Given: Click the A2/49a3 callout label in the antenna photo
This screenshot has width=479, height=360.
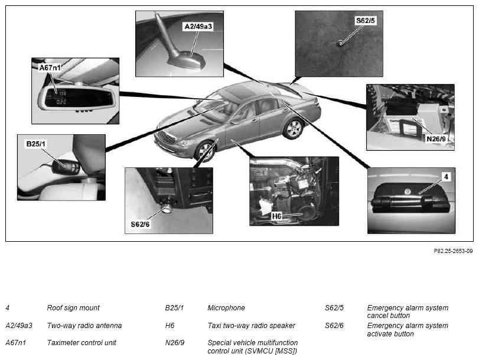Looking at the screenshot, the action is coord(198,27).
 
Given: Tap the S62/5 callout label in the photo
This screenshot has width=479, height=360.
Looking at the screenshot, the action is coord(366,21).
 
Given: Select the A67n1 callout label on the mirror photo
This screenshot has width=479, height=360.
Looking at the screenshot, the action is coord(50,67).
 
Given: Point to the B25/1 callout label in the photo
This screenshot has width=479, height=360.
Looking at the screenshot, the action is coord(36,144).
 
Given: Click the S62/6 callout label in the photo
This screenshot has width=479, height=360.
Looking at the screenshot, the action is coord(140,224).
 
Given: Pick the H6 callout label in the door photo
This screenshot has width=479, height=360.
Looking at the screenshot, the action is coord(276,216).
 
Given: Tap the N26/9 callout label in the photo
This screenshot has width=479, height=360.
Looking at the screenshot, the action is coord(436,139).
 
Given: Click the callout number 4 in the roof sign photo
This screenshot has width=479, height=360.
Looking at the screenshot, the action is coord(447,177).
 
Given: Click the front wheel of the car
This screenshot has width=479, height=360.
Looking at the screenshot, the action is coord(204,151).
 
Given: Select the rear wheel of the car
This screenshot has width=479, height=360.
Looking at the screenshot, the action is coord(293,128).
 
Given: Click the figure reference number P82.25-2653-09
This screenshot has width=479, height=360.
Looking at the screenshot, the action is coord(454,251).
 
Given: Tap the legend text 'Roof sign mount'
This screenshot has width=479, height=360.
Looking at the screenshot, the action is coord(73,308).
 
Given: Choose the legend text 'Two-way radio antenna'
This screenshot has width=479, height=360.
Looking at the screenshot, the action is coord(84,326).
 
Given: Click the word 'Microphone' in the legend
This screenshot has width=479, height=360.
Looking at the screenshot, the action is coord(226,308).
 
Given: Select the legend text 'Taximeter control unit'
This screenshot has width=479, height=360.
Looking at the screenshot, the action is coord(82,343).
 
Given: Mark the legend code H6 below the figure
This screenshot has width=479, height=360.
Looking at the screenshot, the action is coord(170,326).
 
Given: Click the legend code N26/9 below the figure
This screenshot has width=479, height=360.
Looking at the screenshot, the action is coord(175,343).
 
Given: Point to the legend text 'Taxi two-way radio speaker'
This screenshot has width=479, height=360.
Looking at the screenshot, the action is coord(252,326).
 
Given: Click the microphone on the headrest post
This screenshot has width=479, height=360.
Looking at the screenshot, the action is coord(66,167).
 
